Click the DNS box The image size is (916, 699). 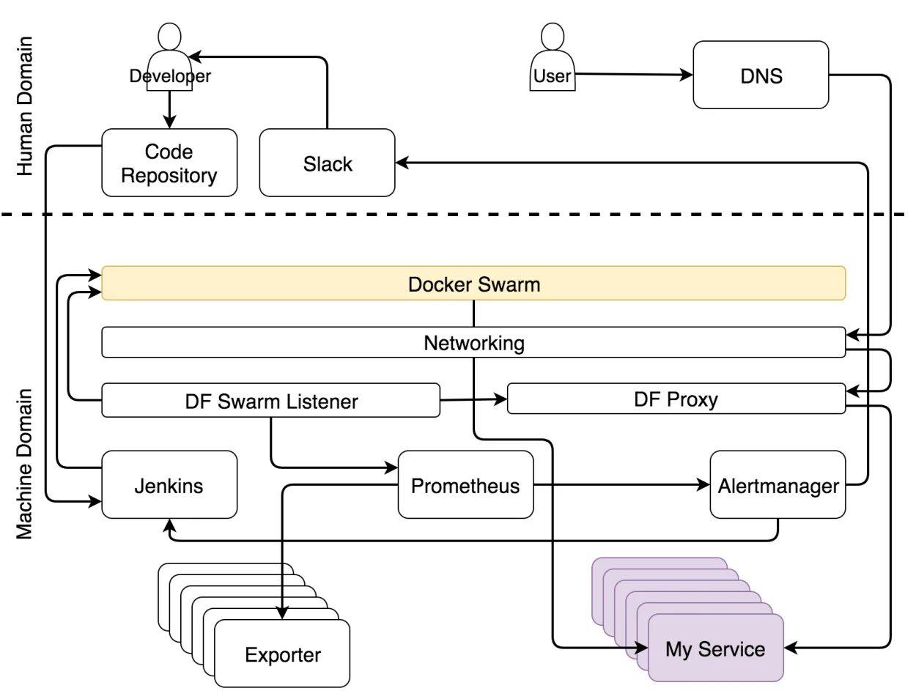(x=761, y=75)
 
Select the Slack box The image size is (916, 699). (x=327, y=163)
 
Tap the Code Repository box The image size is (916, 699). (x=169, y=163)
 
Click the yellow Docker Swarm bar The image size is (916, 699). (x=473, y=283)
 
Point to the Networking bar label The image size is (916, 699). (x=474, y=343)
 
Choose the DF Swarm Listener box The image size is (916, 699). (x=271, y=400)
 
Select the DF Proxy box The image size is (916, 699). (x=676, y=399)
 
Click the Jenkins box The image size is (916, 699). (x=169, y=484)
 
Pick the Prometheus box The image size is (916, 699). (x=466, y=484)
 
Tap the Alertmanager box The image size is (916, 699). (x=778, y=484)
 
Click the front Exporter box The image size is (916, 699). (x=282, y=654)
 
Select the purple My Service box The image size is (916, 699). (x=716, y=648)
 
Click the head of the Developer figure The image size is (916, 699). (x=169, y=37)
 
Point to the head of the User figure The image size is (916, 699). (x=553, y=37)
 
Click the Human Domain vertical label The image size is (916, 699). (x=25, y=106)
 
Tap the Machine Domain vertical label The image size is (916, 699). (x=25, y=464)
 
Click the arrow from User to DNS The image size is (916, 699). (x=634, y=75)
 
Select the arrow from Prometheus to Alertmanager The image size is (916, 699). (x=622, y=484)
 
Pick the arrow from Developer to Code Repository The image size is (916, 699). (x=169, y=110)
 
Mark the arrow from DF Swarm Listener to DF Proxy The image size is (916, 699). (x=473, y=399)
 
